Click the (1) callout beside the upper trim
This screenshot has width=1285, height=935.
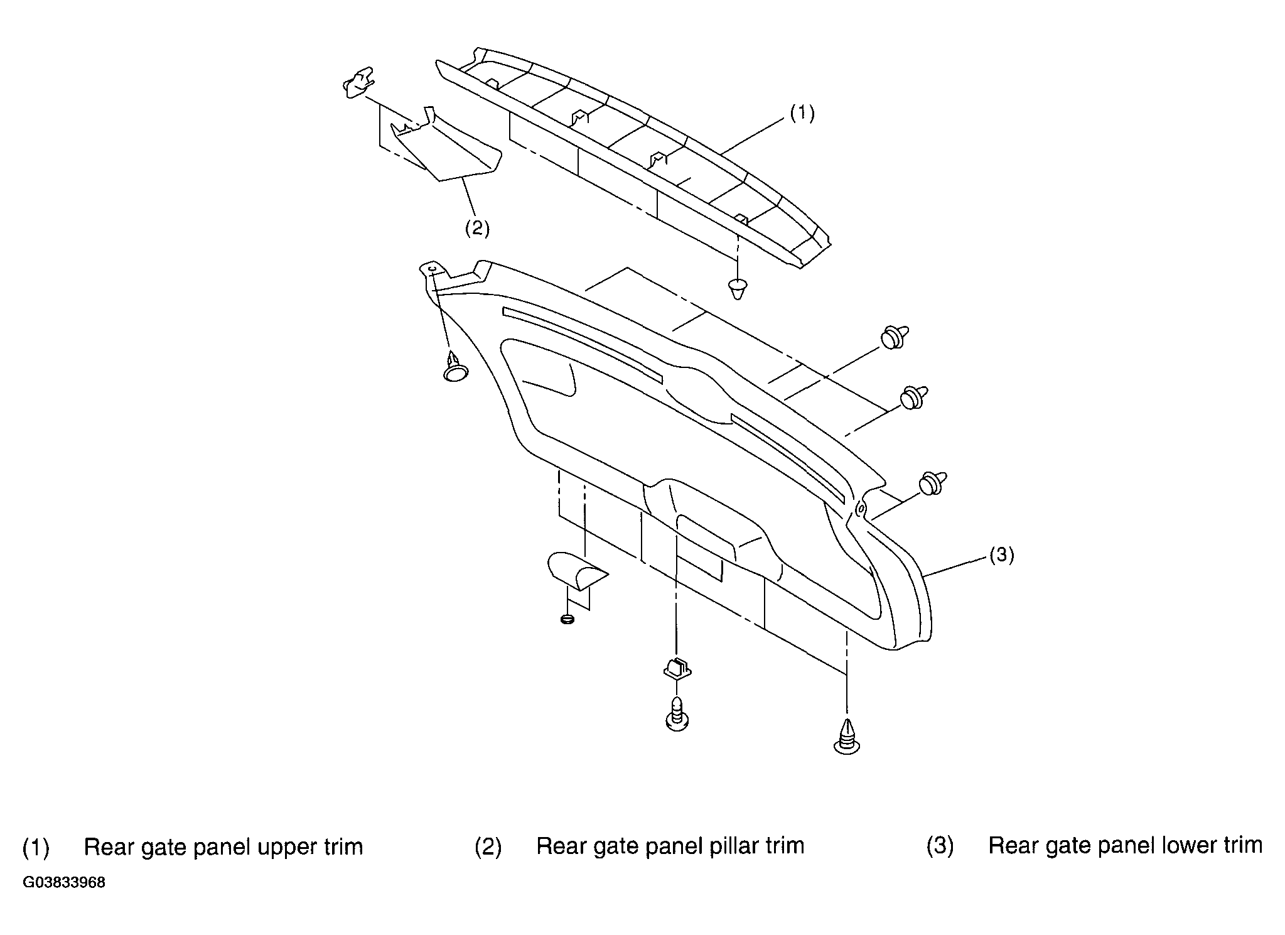(x=802, y=114)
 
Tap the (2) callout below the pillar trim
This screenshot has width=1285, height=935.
(x=477, y=228)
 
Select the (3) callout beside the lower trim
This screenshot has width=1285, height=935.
(x=1001, y=555)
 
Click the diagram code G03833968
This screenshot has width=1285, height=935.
(x=64, y=883)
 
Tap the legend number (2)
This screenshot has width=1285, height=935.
(x=488, y=847)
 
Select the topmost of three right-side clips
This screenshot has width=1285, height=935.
(x=895, y=336)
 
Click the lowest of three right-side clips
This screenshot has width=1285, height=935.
(x=932, y=483)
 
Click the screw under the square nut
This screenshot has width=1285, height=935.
(x=676, y=713)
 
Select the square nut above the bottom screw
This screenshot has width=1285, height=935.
(x=677, y=667)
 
